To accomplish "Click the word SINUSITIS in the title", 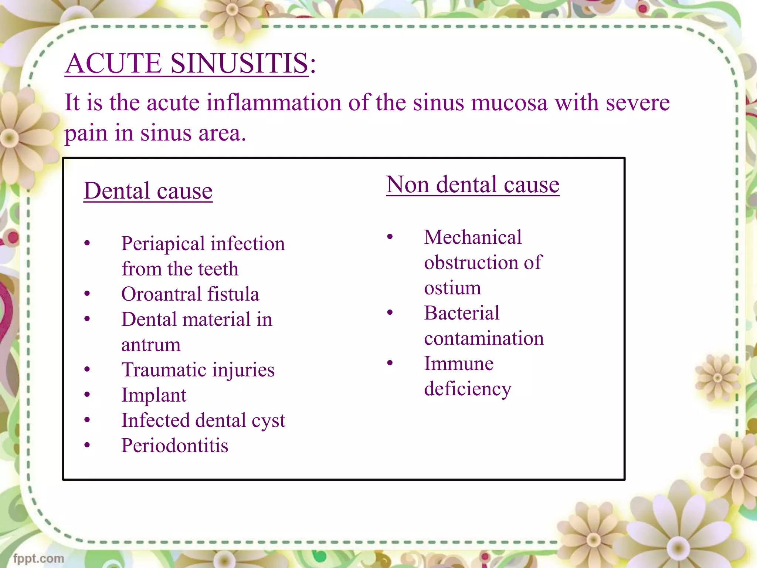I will tap(239, 63).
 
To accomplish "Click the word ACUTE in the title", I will tap(114, 63).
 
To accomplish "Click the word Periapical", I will tap(163, 244).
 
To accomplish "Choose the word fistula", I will tap(233, 294).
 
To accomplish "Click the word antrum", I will tap(151, 345).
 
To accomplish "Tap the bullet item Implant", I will tap(154, 395).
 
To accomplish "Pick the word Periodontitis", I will tap(175, 446).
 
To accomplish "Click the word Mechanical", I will tap(473, 237).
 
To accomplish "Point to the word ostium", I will tap(452, 288).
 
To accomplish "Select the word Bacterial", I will tap(462, 313).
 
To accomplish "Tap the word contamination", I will tap(484, 338).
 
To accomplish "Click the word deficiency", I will tap(468, 389).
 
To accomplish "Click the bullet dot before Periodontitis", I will tap(87, 445).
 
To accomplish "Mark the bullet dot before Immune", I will tap(390, 363).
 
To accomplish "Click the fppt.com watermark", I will tap(38, 558).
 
